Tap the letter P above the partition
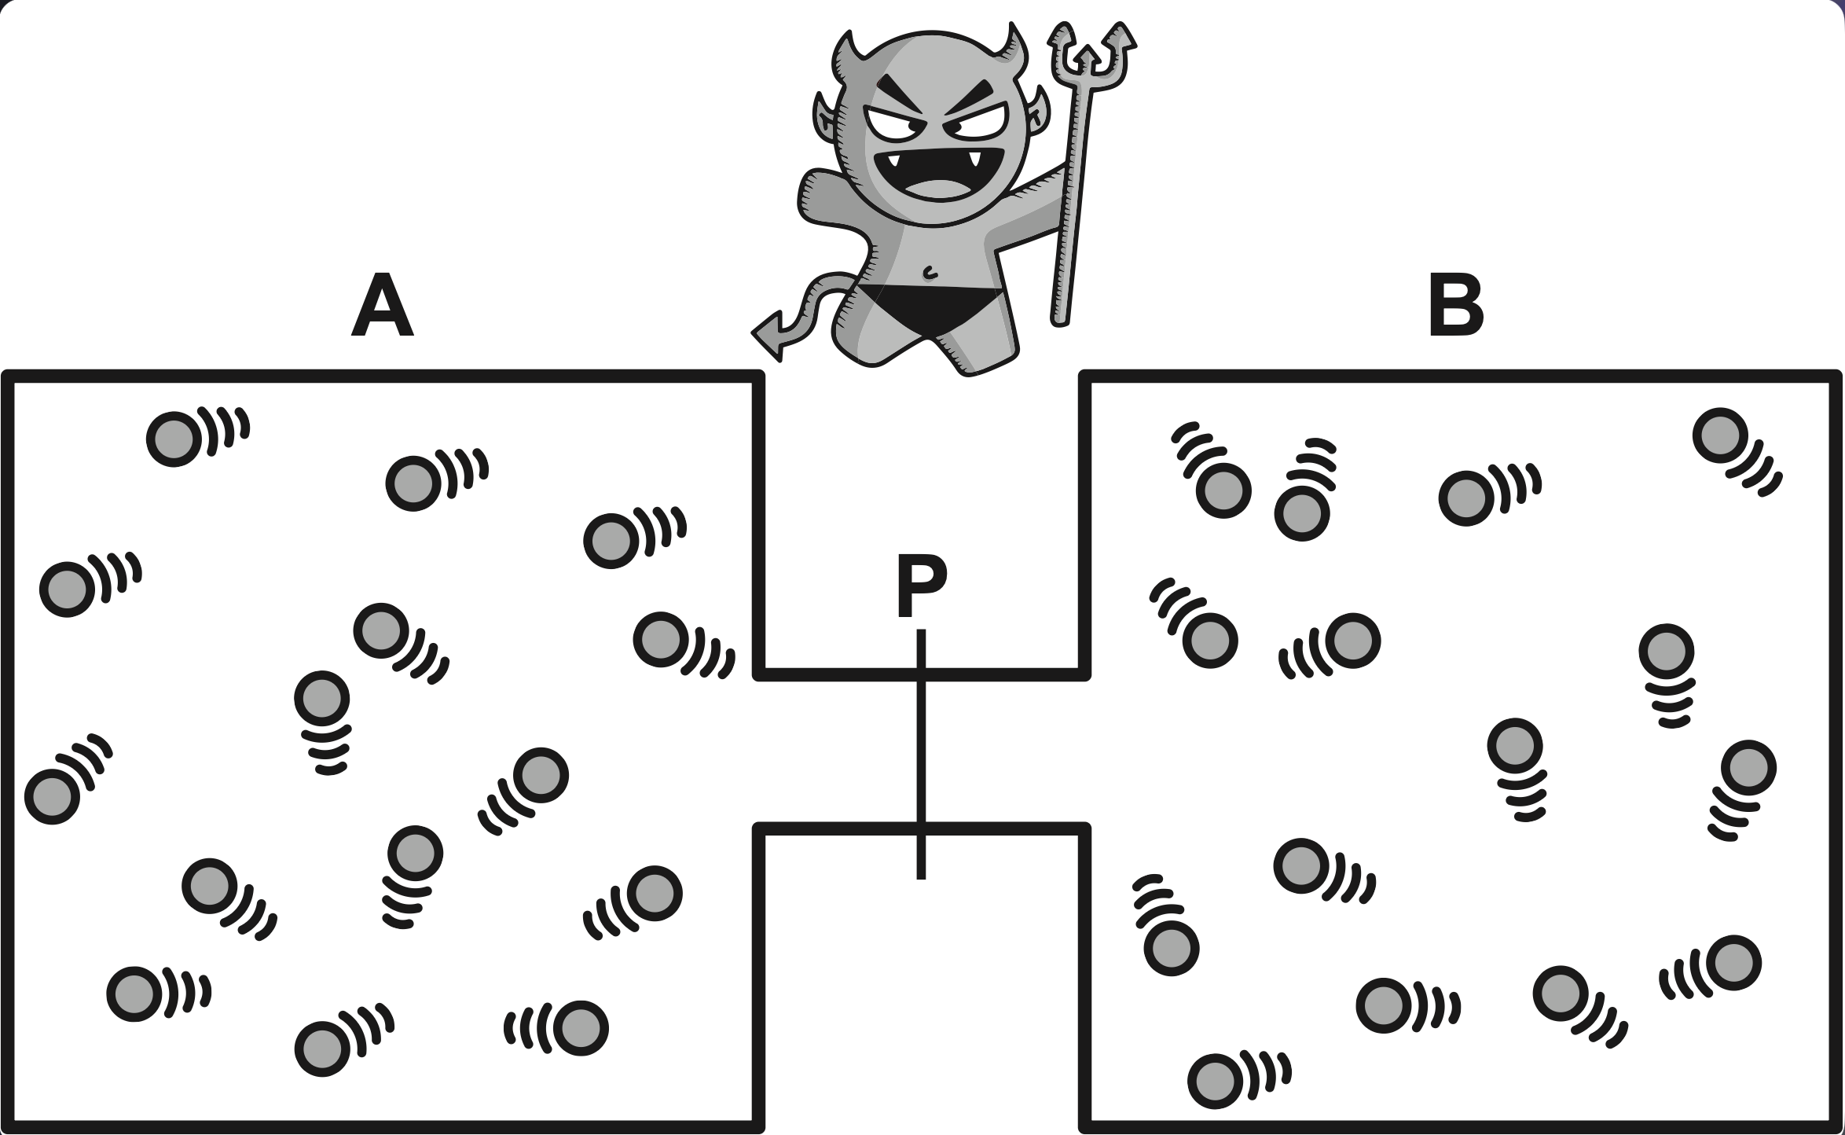click(922, 586)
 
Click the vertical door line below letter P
click(921, 755)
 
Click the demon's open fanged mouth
click(938, 174)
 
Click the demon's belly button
click(930, 274)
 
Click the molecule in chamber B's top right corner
click(1720, 435)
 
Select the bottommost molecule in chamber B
click(1215, 1081)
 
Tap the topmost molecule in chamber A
click(173, 439)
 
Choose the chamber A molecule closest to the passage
click(661, 640)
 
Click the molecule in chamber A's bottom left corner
click(134, 994)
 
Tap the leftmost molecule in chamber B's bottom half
click(1171, 949)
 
